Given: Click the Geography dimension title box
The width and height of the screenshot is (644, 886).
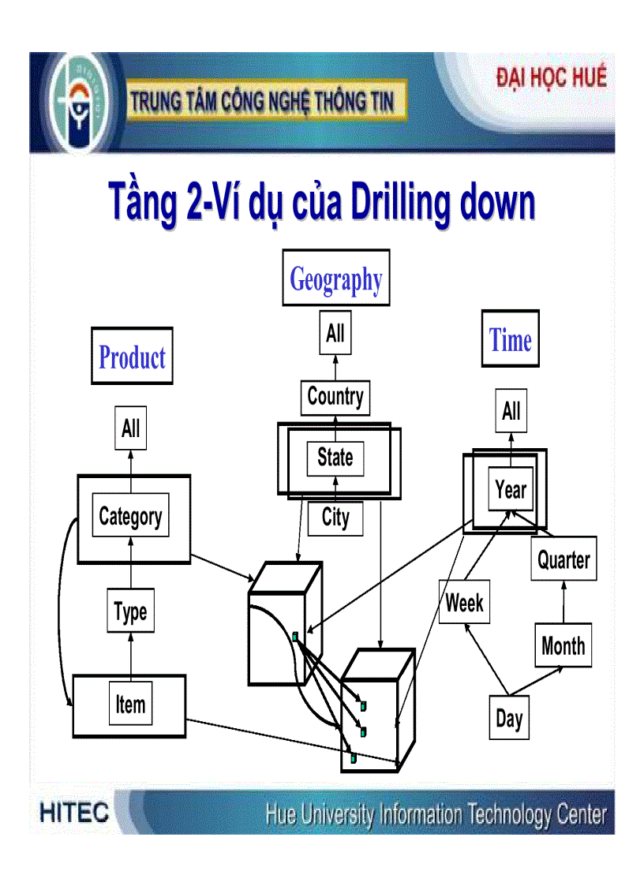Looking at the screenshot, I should [336, 278].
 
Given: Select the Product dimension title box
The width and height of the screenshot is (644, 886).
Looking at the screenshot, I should [132, 357].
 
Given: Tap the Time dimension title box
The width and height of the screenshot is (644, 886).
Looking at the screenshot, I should [510, 339].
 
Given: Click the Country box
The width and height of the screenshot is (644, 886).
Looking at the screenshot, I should [335, 397].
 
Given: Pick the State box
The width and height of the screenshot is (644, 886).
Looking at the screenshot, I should [335, 458].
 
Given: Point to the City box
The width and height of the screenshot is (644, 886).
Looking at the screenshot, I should [335, 518].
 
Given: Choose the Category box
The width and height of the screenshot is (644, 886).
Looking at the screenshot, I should [130, 517].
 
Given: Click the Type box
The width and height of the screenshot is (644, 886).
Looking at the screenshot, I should [130, 612].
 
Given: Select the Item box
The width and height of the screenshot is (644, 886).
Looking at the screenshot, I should [130, 705].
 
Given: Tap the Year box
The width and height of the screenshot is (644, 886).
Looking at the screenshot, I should [511, 490].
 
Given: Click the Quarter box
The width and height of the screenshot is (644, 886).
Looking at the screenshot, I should [563, 560].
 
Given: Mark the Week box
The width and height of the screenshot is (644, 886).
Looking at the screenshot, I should [464, 603].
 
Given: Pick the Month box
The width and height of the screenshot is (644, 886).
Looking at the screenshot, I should [563, 645].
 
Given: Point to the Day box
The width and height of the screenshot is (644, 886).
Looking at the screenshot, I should [509, 718].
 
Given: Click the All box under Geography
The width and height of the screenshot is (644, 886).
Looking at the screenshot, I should [335, 334].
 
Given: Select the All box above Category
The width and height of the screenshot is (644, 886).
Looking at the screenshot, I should [131, 429].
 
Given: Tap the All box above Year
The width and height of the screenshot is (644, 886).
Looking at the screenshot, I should [511, 411].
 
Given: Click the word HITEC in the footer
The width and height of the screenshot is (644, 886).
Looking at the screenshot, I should [74, 813].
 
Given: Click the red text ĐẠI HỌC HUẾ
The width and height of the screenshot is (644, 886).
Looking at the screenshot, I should [551, 78].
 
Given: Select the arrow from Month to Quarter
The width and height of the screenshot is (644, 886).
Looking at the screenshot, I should [563, 603].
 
